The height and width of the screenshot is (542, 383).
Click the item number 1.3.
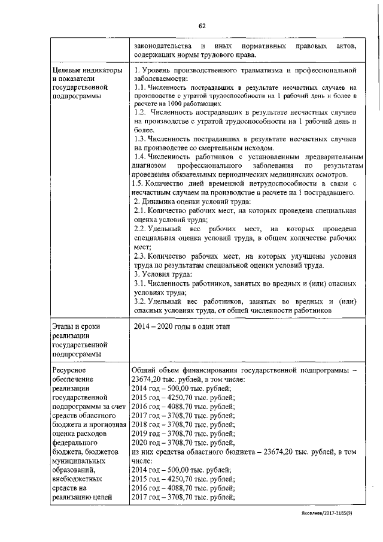140,138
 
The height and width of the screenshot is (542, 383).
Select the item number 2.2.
140,229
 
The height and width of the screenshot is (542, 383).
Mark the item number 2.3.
140,256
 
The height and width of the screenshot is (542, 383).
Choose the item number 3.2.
140,301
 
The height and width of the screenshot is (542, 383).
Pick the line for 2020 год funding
183,443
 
